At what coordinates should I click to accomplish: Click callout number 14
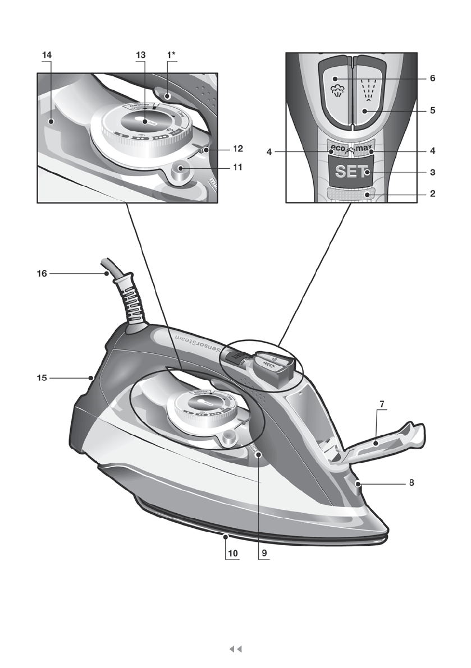[46, 56]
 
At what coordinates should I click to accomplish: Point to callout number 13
[140, 56]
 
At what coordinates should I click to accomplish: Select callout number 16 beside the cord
[42, 274]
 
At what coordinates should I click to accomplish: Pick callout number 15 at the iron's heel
[42, 378]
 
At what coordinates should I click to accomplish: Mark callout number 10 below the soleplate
[232, 552]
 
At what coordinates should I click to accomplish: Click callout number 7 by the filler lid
[381, 404]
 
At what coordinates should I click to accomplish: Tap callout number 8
[411, 482]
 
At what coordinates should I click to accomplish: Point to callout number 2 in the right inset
[432, 194]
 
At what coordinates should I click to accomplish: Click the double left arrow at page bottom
[236, 649]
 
